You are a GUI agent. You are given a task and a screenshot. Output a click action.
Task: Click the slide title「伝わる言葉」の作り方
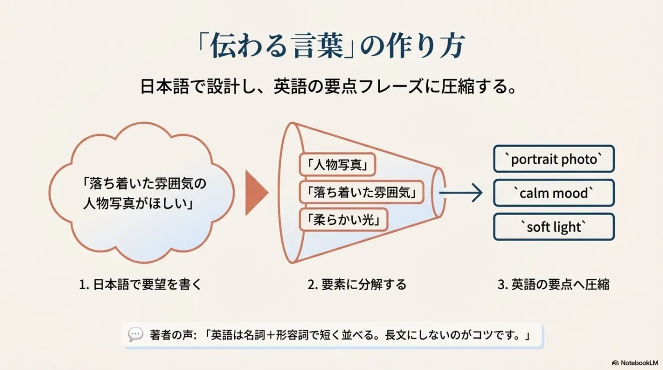[x=331, y=47]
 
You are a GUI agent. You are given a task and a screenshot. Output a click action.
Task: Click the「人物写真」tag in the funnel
[x=337, y=165]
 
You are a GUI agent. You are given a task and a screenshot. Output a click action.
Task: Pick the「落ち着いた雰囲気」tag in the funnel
[x=361, y=193]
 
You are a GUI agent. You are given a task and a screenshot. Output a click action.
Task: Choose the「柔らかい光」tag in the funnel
[x=343, y=221]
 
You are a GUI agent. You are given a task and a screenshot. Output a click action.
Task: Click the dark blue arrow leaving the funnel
[x=460, y=193]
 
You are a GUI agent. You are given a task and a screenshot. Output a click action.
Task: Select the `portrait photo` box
[x=554, y=159]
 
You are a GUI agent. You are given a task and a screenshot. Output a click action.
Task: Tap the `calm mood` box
[x=554, y=193]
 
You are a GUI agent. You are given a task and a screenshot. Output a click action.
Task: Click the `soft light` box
[x=554, y=227]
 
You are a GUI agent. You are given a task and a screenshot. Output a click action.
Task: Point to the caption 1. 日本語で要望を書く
[x=140, y=284]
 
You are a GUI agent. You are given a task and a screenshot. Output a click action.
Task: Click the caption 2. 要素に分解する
[x=357, y=284]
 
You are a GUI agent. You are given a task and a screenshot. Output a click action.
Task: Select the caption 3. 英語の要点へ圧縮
[x=553, y=284]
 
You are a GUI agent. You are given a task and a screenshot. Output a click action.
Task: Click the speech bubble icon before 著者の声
[x=136, y=335]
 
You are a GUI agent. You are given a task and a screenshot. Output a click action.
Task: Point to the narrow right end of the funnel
[x=438, y=193]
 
